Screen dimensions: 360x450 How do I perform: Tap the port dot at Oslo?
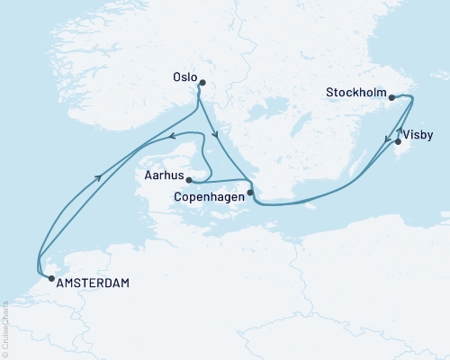click(x=202, y=84)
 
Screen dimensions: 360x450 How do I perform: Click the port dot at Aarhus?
click(x=189, y=179)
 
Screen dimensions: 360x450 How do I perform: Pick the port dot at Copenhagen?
click(x=249, y=191)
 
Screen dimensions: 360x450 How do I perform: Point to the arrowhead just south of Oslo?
click(x=216, y=137)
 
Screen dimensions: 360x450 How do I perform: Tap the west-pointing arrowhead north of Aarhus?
click(x=170, y=137)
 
